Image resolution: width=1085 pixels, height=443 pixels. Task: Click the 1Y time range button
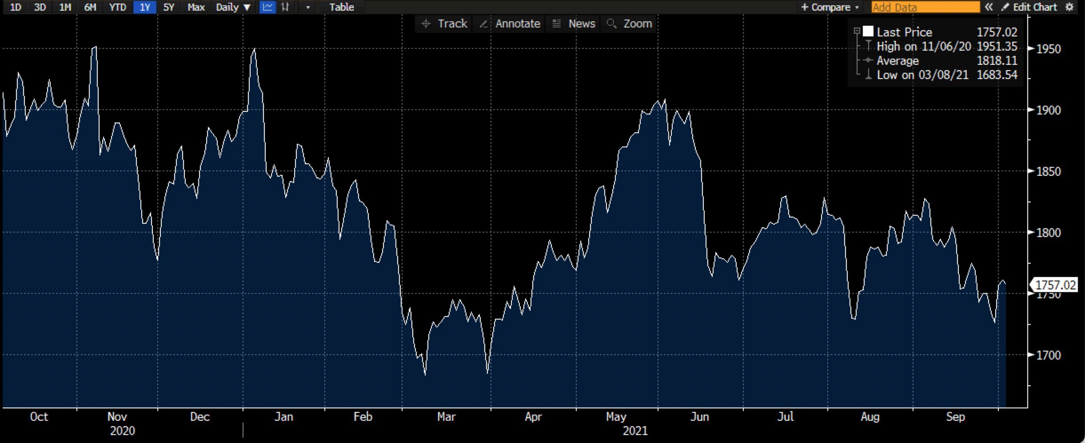(x=144, y=7)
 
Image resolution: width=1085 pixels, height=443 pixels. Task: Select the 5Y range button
(x=169, y=7)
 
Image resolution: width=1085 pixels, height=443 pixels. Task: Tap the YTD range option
(x=118, y=7)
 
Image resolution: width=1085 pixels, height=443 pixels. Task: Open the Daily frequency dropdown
(x=233, y=7)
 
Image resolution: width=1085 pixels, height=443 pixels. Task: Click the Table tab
(x=341, y=7)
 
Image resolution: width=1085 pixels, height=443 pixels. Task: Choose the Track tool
(x=444, y=24)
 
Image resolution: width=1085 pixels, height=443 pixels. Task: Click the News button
(x=574, y=24)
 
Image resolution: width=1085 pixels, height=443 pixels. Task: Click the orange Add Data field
(x=925, y=7)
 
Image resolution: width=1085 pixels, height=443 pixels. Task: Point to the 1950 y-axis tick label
(x=1048, y=49)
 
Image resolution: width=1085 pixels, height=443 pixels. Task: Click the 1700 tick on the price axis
(x=1048, y=355)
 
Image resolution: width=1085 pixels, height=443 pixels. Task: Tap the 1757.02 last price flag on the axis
(x=1055, y=285)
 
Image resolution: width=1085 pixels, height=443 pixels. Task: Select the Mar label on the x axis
(x=446, y=417)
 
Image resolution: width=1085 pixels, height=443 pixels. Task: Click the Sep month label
(x=955, y=417)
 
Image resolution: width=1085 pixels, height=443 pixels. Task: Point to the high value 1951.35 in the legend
(x=997, y=46)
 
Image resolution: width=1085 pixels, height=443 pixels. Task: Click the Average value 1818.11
(x=997, y=60)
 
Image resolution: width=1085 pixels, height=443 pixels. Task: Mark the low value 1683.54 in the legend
(x=997, y=75)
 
